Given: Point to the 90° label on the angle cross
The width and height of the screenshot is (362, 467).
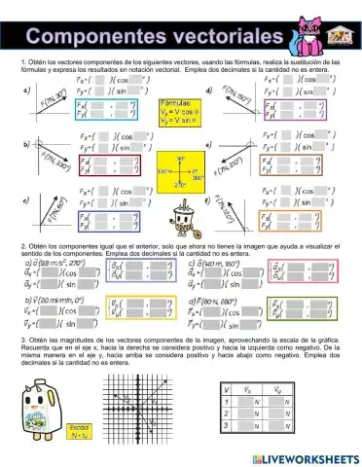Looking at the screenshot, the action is pyautogui.click(x=181, y=156).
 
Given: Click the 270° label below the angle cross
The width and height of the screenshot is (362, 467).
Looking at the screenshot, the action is pyautogui.click(x=181, y=185).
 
